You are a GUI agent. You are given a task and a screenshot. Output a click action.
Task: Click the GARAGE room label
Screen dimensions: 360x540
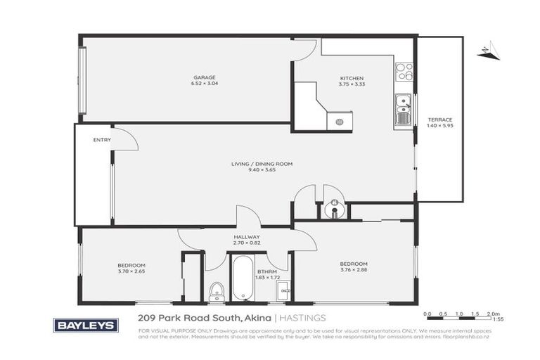click(204, 77)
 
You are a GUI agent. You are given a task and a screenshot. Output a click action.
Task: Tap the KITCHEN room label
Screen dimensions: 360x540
click(352, 77)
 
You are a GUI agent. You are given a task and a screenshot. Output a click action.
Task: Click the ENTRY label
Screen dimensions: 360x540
click(102, 140)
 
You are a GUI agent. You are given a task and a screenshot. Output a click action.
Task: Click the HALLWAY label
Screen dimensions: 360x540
click(247, 238)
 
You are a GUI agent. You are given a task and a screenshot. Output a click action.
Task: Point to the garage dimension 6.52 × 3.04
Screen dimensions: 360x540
click(204, 84)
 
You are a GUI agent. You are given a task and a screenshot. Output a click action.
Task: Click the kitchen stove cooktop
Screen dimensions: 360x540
click(404, 72)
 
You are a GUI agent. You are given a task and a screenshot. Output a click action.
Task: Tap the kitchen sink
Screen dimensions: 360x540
click(402, 110)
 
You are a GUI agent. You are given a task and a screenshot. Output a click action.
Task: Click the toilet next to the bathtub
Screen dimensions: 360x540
click(217, 290)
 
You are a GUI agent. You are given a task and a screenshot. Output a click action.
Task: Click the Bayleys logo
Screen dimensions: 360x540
click(86, 325)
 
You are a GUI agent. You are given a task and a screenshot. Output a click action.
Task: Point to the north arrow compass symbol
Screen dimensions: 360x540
click(487, 50)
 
